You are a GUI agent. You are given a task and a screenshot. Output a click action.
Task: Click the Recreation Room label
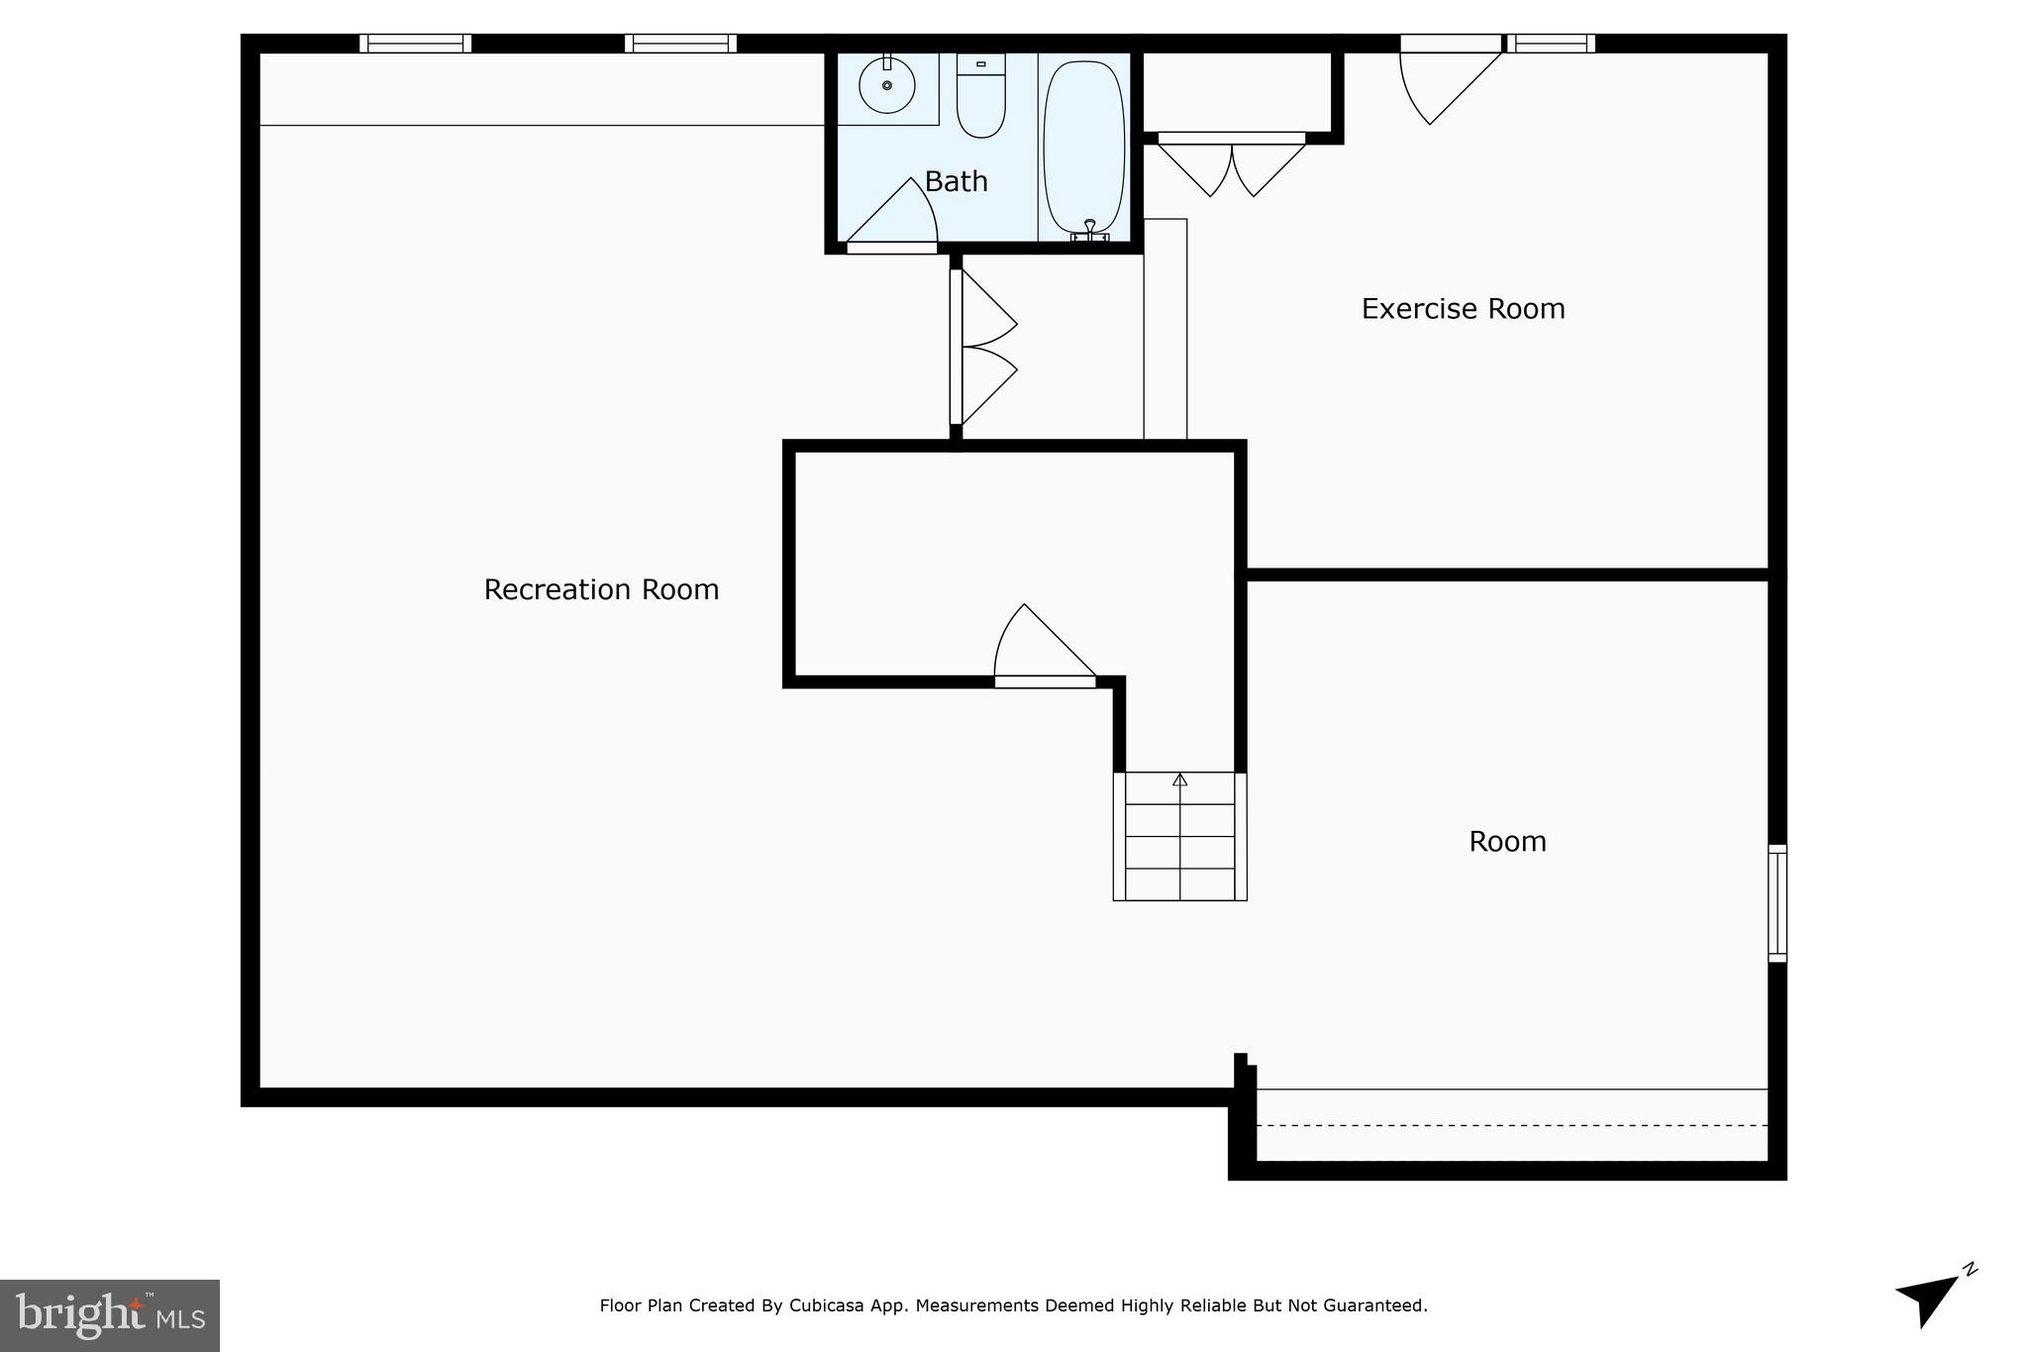tap(601, 589)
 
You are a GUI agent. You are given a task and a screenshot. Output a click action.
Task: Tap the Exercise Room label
tap(1463, 309)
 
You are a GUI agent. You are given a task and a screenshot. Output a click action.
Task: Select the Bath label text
tap(956, 181)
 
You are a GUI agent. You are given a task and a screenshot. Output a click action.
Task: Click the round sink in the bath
tap(886, 86)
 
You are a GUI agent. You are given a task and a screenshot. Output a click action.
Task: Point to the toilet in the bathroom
tap(980, 99)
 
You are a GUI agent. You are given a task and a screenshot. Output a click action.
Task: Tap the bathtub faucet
tap(1089, 230)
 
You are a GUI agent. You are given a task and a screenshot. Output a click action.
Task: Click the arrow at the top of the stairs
tap(1179, 780)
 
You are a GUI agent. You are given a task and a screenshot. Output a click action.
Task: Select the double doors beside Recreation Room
tap(985, 347)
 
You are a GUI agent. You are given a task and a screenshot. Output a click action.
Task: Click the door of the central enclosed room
tap(1040, 649)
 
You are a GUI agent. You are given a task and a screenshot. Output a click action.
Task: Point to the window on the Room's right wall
tap(1777, 902)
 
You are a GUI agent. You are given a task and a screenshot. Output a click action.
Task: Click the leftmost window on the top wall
tap(415, 44)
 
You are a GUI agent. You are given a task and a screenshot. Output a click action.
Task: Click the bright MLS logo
tap(110, 1315)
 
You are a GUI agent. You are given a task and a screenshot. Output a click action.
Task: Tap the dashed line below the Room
tap(1511, 1125)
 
